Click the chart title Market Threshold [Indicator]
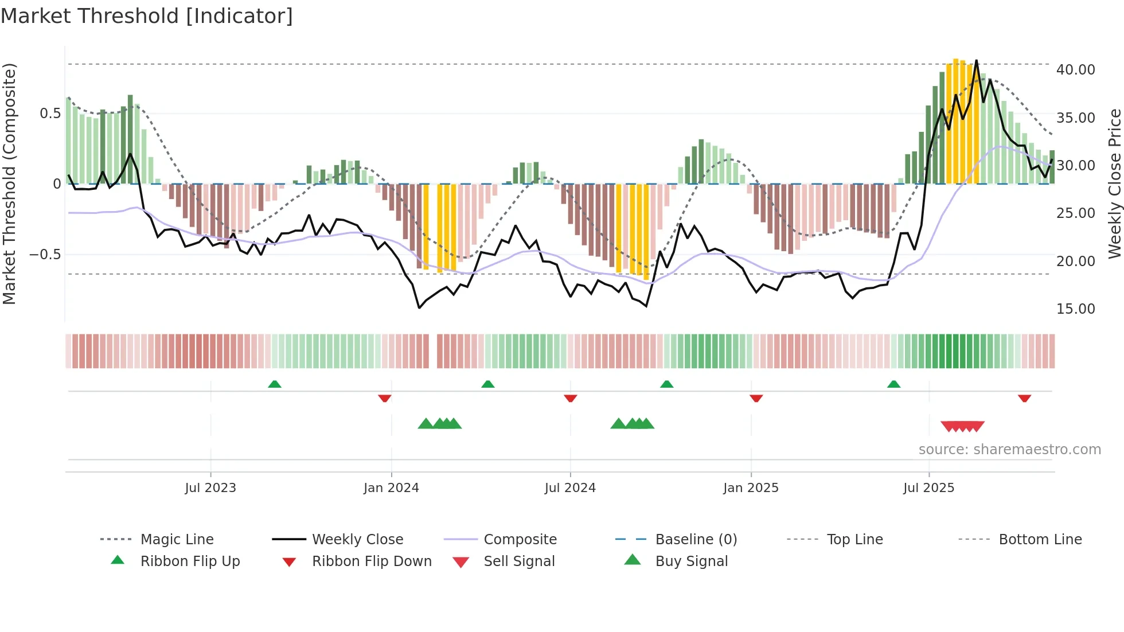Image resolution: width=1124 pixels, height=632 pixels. pos(147,16)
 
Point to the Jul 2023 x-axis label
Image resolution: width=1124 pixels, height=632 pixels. pos(210,487)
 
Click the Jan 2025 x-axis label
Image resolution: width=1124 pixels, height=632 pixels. pos(751,487)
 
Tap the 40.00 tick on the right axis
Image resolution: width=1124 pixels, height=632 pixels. pos(1075,69)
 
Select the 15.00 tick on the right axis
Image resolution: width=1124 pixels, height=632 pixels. pos(1075,309)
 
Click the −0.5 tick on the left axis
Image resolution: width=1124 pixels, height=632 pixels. pos(45,254)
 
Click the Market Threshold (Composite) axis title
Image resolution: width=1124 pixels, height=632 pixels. pos(9,184)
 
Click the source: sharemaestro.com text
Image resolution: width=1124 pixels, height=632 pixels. pos(1009,449)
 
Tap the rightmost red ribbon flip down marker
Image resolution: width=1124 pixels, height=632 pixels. pos(1024,398)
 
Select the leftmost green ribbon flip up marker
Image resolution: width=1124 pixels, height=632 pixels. pos(275,384)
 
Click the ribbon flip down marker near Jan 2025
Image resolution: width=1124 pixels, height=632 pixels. pos(756,398)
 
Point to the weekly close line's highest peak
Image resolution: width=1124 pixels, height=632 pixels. pos(977,61)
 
